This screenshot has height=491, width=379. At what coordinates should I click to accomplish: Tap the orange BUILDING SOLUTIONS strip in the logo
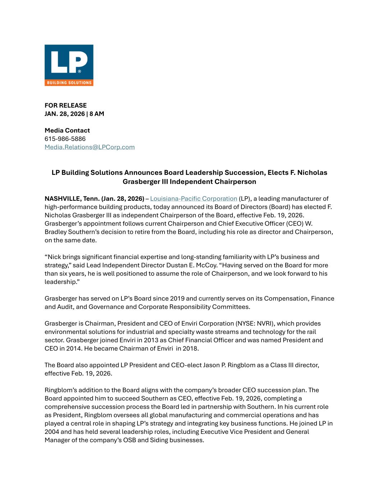(x=69, y=83)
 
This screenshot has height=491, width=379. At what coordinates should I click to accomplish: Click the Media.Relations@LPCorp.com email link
(x=89, y=147)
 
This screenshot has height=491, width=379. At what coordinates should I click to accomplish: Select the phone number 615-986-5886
(x=65, y=139)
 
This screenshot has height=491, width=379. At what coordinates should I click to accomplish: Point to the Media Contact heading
(x=67, y=131)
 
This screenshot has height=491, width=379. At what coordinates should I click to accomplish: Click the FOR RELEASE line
(x=65, y=105)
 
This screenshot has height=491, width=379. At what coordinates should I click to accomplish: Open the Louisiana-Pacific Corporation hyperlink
(x=194, y=199)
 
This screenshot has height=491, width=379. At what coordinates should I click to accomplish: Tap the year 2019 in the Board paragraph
(x=177, y=299)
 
